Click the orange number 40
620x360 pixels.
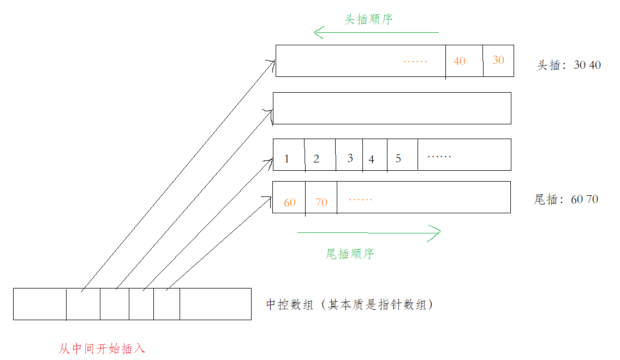pos(460,61)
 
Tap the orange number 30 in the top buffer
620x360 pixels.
pos(498,60)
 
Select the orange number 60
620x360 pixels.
pos(290,202)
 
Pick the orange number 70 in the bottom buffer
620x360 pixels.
pos(321,202)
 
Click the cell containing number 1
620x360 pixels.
pos(287,159)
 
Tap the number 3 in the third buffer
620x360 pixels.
pos(350,158)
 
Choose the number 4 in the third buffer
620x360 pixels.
pos(372,159)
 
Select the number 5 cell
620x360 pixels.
pos(398,158)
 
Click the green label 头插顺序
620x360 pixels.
pos(369,19)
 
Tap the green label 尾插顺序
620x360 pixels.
pos(350,254)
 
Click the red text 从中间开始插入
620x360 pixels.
pos(102,349)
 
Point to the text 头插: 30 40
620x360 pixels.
pos(569,65)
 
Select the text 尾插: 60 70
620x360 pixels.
pos(566,199)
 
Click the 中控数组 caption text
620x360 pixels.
pos(349,304)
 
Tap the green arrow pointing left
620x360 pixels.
pos(376,33)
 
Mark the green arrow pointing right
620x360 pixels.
pos(369,232)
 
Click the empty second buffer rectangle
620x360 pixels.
pos(392,108)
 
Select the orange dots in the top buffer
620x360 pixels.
pos(415,62)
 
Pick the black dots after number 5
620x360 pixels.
pos(439,157)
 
